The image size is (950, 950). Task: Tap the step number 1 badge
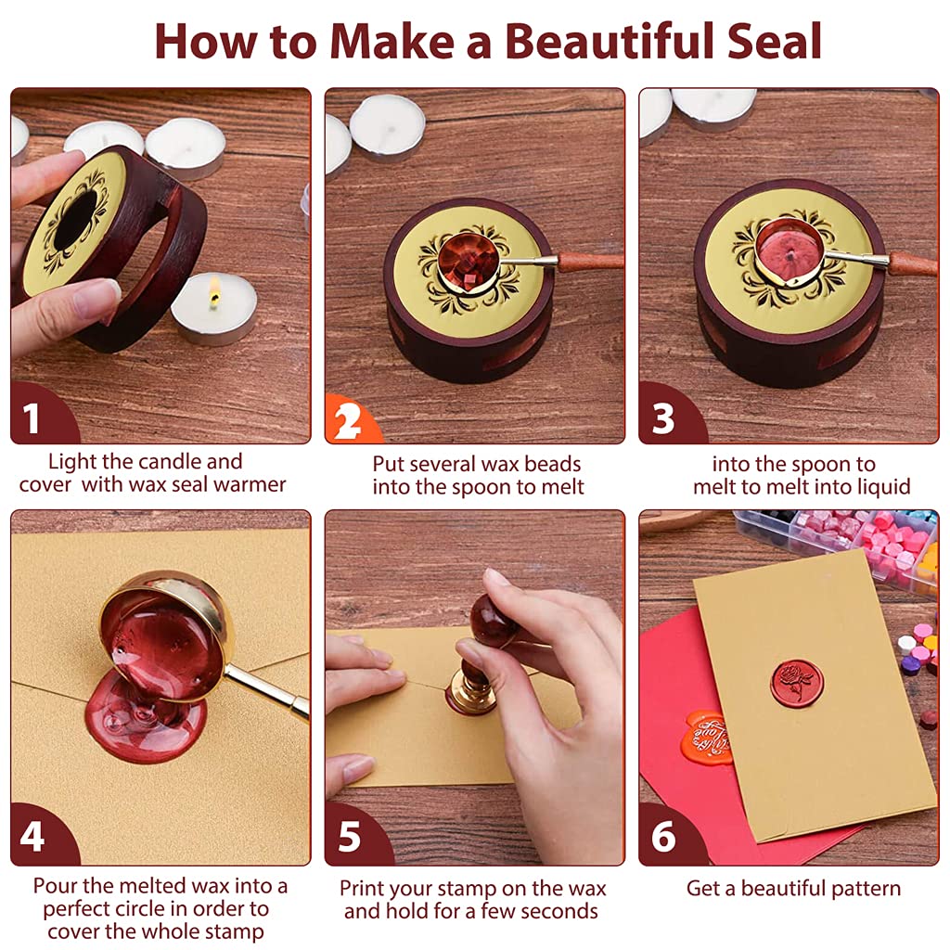pos(32,419)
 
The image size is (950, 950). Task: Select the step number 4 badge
pos(32,838)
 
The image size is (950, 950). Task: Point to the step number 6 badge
pos(663,838)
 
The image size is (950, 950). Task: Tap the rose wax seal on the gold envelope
pos(794,681)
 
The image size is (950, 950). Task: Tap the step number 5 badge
pos(349,838)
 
